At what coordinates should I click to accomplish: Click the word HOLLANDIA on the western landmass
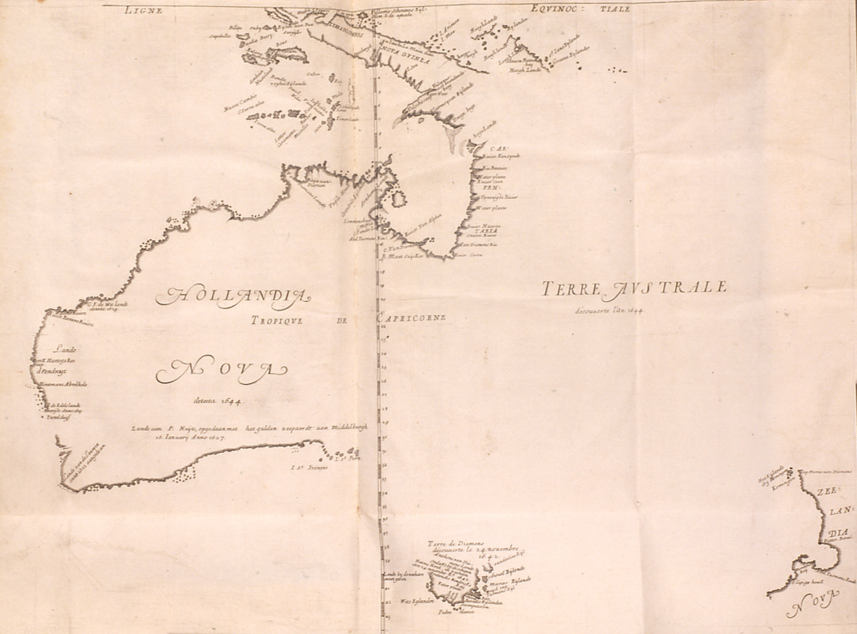point(234,296)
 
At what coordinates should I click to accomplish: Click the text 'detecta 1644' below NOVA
point(220,401)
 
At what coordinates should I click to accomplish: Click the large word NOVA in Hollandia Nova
point(222,369)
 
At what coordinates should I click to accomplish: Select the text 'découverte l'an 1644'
point(609,310)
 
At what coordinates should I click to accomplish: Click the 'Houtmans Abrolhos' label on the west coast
point(61,384)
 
